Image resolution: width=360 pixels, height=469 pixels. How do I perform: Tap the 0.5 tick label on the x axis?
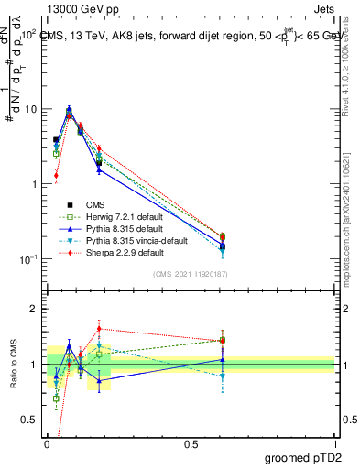click(x=191, y=442)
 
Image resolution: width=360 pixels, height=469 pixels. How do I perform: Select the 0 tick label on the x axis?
click(x=48, y=442)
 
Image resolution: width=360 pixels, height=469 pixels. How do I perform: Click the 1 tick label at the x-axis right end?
click(x=334, y=442)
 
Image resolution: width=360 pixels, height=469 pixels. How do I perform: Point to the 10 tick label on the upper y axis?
click(x=30, y=109)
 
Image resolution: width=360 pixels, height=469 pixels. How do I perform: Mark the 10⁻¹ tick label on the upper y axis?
click(x=27, y=259)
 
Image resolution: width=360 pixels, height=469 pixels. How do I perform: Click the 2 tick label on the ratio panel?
click(x=35, y=309)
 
